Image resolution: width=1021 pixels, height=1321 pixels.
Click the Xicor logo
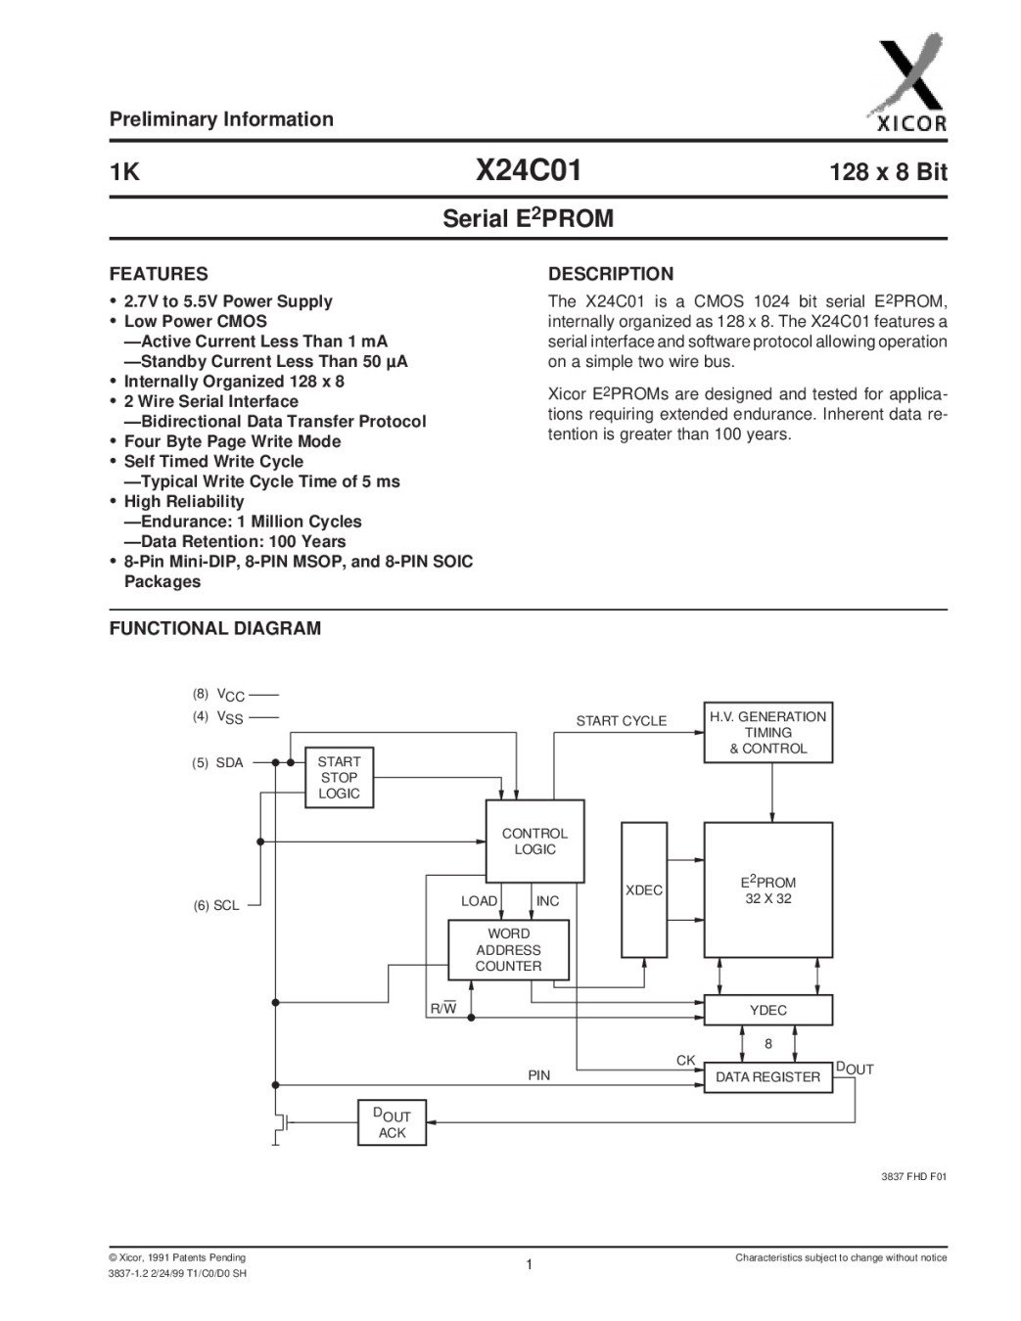point(907,85)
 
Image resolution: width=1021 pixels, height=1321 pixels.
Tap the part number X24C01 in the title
point(528,171)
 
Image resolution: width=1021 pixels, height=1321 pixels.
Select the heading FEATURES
point(159,274)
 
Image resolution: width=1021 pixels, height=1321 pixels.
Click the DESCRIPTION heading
point(611,274)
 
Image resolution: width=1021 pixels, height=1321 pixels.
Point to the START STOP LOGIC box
point(339,778)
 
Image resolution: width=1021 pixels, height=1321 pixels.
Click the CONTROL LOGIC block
point(534,842)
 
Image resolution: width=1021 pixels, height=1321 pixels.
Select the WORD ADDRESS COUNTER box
point(508,950)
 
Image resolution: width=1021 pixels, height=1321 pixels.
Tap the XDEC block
point(644,890)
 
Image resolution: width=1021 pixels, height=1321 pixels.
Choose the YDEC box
point(768,1010)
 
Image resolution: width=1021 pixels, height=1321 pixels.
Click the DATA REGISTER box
point(768,1077)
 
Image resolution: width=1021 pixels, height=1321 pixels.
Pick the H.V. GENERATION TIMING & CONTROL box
point(768,732)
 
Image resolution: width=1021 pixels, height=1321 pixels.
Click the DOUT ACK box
point(392,1124)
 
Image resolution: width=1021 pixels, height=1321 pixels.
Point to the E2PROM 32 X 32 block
point(768,889)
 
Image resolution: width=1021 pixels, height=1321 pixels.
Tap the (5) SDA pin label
point(217,763)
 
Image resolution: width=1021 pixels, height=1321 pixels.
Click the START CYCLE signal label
point(621,721)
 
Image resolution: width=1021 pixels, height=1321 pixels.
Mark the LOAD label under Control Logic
point(479,901)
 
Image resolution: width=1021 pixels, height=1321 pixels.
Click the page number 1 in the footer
point(529,1265)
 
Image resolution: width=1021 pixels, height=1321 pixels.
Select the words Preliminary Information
point(221,119)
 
